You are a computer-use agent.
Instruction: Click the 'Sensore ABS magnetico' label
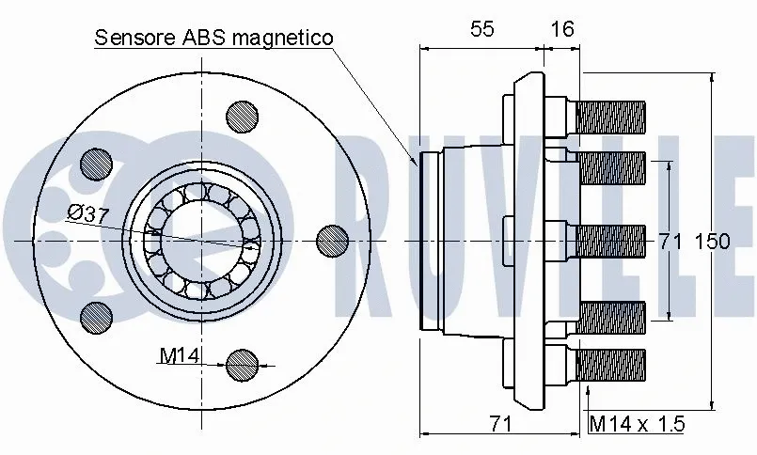click(214, 39)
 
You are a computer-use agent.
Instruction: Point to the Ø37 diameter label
click(88, 213)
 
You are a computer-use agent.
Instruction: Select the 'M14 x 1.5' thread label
click(637, 424)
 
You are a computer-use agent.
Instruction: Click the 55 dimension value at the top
click(481, 29)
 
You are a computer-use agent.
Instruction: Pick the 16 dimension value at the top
click(561, 29)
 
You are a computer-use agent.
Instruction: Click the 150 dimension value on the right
click(712, 242)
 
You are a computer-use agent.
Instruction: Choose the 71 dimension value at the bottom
click(502, 424)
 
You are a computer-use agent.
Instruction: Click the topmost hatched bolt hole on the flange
click(244, 117)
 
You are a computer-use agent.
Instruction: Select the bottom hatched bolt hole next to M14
click(243, 363)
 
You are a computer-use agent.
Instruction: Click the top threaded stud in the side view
click(610, 118)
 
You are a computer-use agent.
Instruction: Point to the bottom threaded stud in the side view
click(610, 364)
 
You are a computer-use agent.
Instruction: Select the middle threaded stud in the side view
click(610, 241)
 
